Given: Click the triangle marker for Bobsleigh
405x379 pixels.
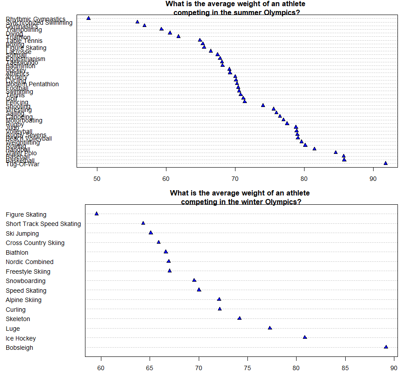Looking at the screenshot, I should tap(386, 347).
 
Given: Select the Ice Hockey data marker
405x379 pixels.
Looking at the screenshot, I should tap(305, 337).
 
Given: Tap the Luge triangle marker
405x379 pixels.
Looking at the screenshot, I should tap(270, 328).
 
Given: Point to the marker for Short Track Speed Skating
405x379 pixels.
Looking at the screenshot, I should tap(143, 223).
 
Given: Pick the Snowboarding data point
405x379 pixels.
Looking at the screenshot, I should tap(194, 280).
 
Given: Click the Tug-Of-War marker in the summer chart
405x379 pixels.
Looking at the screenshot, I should tap(386, 163).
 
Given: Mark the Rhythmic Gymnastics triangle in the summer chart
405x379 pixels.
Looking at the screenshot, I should tap(89, 18).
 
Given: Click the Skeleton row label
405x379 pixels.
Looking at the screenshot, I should tap(18, 319).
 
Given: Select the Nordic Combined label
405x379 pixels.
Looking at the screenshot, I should tap(30, 262).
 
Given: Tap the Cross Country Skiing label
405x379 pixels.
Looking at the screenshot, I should tap(35, 243).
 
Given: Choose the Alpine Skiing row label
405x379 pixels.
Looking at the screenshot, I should tap(23, 300).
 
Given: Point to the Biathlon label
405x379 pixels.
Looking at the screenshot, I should tap(17, 253).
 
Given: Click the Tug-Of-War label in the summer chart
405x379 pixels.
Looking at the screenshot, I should tap(23, 164).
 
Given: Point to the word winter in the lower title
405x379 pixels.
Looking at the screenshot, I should tap(237, 202).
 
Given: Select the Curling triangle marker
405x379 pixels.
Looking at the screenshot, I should tap(220, 309).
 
